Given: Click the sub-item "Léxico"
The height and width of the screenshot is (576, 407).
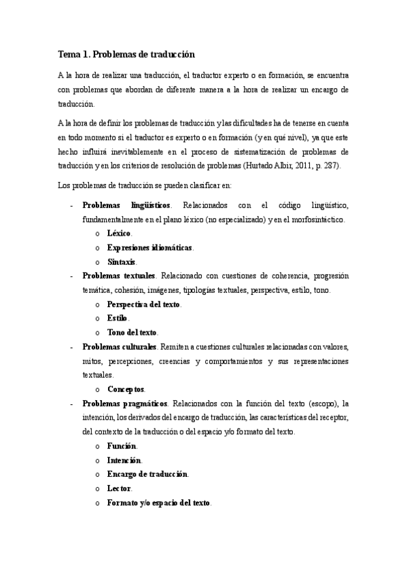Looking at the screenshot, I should (x=119, y=233).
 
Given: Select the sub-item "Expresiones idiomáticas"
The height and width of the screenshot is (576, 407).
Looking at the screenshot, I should (x=149, y=247).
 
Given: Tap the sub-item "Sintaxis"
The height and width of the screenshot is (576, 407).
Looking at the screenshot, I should (x=122, y=262).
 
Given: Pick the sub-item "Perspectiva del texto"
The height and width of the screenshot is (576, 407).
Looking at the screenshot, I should (x=143, y=304).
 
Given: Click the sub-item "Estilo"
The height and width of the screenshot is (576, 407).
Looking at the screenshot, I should (x=118, y=319).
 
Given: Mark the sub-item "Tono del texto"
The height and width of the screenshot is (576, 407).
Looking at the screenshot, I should (x=132, y=333).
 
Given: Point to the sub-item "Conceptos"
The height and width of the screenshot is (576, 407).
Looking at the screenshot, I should (x=126, y=389).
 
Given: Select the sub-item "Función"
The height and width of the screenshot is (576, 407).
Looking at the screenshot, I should (x=122, y=446).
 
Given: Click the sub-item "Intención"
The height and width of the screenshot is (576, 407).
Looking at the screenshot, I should (x=124, y=461).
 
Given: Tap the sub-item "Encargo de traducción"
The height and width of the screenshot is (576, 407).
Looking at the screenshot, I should (x=147, y=474).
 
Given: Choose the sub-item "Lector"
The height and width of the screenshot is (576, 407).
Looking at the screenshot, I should (x=119, y=488).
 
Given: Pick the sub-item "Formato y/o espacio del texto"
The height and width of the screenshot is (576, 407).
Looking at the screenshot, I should (x=158, y=503).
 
